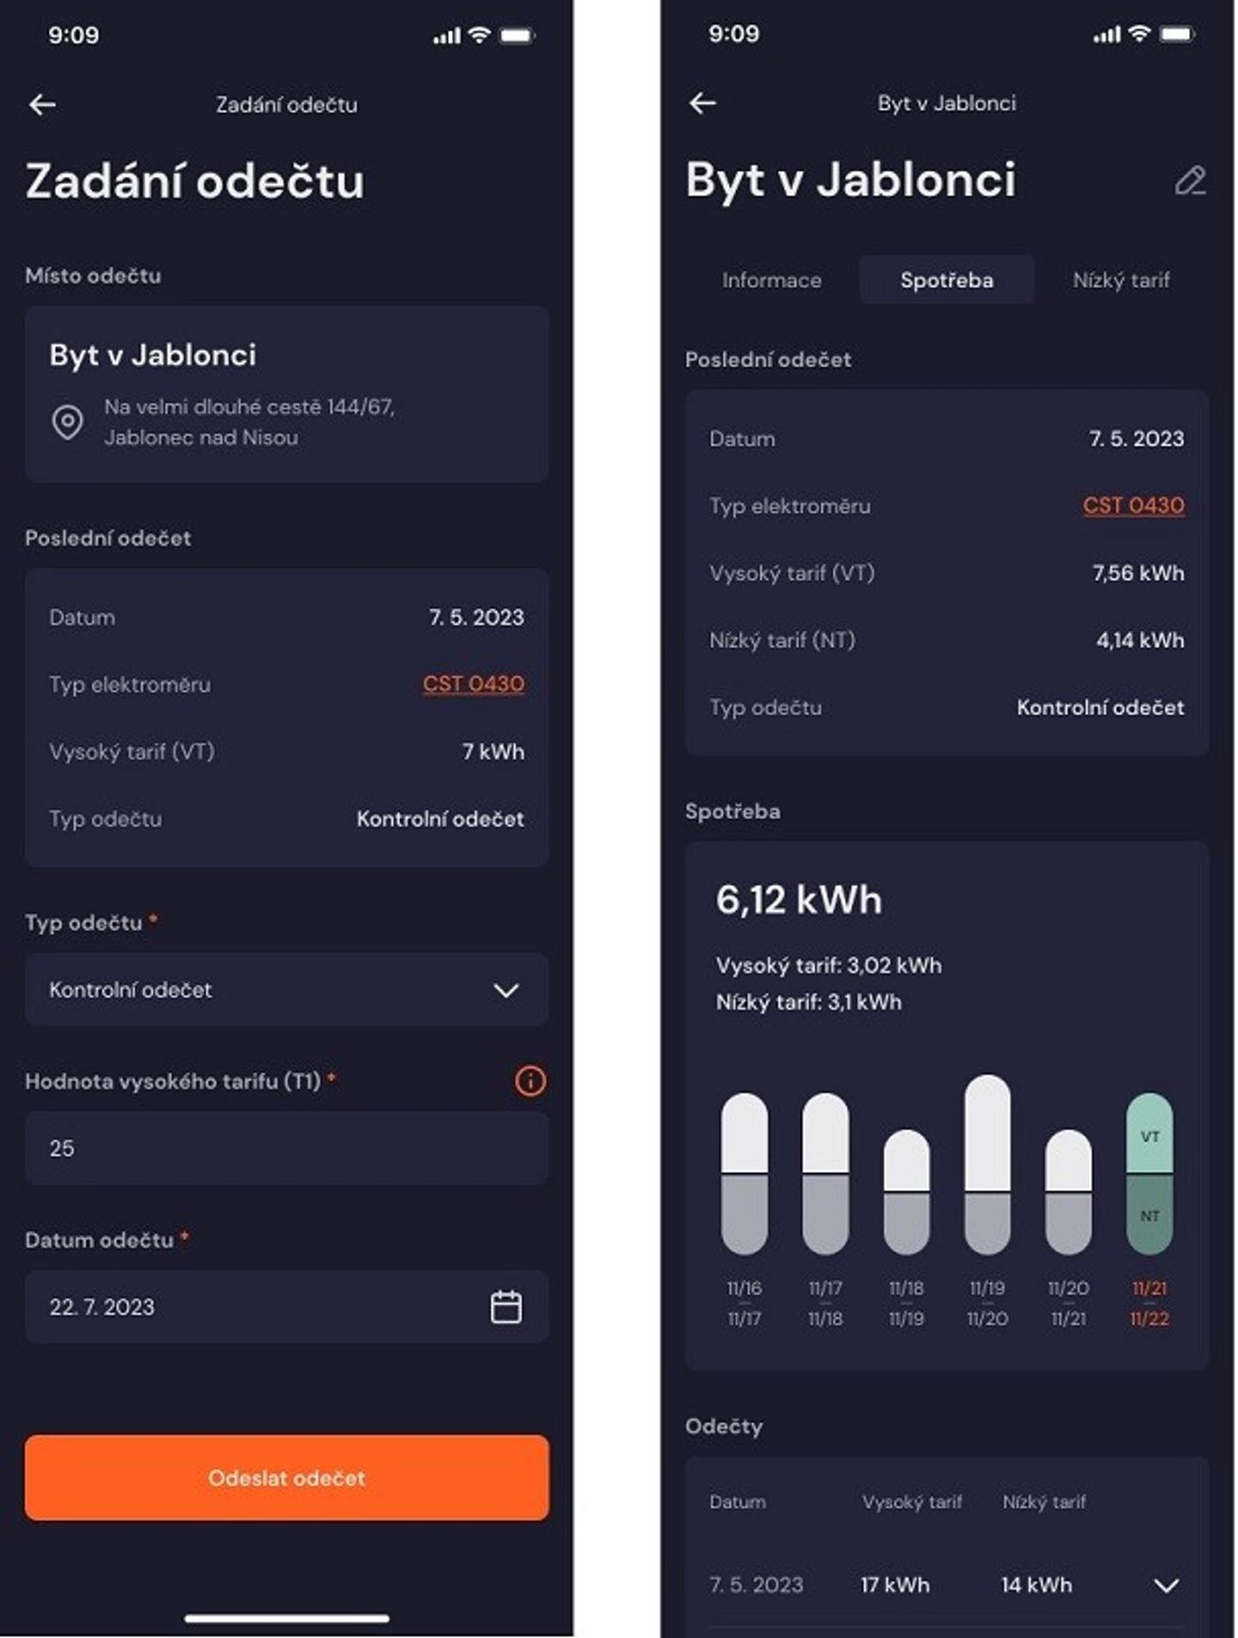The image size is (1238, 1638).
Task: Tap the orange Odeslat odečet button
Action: (x=286, y=1477)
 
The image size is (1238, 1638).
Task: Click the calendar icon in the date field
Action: (x=506, y=1306)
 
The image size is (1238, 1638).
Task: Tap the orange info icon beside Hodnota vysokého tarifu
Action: (x=530, y=1080)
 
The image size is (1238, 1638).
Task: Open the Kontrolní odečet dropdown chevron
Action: (x=506, y=990)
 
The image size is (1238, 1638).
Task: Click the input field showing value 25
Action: (x=286, y=1148)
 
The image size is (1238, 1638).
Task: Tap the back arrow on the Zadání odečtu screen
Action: (x=42, y=105)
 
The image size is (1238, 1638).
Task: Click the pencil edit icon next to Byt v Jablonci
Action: (x=1190, y=180)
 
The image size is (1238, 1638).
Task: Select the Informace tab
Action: (x=771, y=280)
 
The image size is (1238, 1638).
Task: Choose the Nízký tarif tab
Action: (x=1121, y=280)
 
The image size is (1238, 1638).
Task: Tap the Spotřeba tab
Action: (x=947, y=280)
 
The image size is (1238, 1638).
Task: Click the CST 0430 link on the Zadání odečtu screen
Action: (x=473, y=684)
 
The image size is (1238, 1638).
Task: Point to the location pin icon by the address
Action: (x=68, y=422)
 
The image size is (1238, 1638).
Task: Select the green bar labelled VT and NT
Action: (x=1149, y=1173)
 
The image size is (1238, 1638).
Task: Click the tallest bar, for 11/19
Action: (x=987, y=1164)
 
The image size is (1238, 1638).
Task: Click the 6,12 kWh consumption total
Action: (x=799, y=900)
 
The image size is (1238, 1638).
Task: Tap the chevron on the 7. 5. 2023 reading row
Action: (x=1166, y=1585)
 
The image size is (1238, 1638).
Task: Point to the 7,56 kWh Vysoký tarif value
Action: (x=1137, y=573)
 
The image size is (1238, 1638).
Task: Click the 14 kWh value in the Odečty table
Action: (x=1036, y=1585)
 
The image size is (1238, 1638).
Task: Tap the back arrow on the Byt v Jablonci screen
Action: (x=702, y=103)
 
